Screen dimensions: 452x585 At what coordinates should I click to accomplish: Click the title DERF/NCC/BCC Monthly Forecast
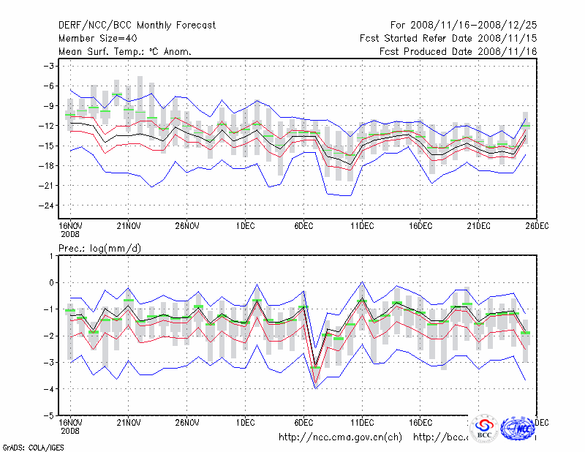click(x=137, y=26)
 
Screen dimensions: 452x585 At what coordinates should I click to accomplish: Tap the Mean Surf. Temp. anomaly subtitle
click(x=125, y=52)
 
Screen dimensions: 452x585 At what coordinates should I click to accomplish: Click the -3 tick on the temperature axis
click(x=50, y=66)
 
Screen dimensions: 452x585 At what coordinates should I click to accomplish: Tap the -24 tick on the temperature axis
click(x=48, y=206)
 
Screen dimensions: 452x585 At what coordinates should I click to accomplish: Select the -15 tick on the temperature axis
click(x=48, y=146)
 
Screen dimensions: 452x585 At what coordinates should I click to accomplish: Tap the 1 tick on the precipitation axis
click(x=52, y=255)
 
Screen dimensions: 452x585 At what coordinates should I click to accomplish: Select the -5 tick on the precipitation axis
click(x=50, y=415)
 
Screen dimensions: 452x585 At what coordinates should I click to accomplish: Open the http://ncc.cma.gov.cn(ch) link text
click(x=341, y=437)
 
